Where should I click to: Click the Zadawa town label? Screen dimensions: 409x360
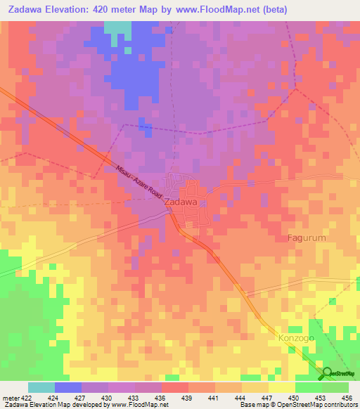(179, 202)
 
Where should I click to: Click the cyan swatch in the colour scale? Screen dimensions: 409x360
(41, 387)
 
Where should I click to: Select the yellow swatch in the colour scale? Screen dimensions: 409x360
(281, 387)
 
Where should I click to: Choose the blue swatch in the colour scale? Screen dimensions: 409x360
(68, 387)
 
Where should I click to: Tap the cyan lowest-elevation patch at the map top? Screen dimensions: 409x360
(117, 28)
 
